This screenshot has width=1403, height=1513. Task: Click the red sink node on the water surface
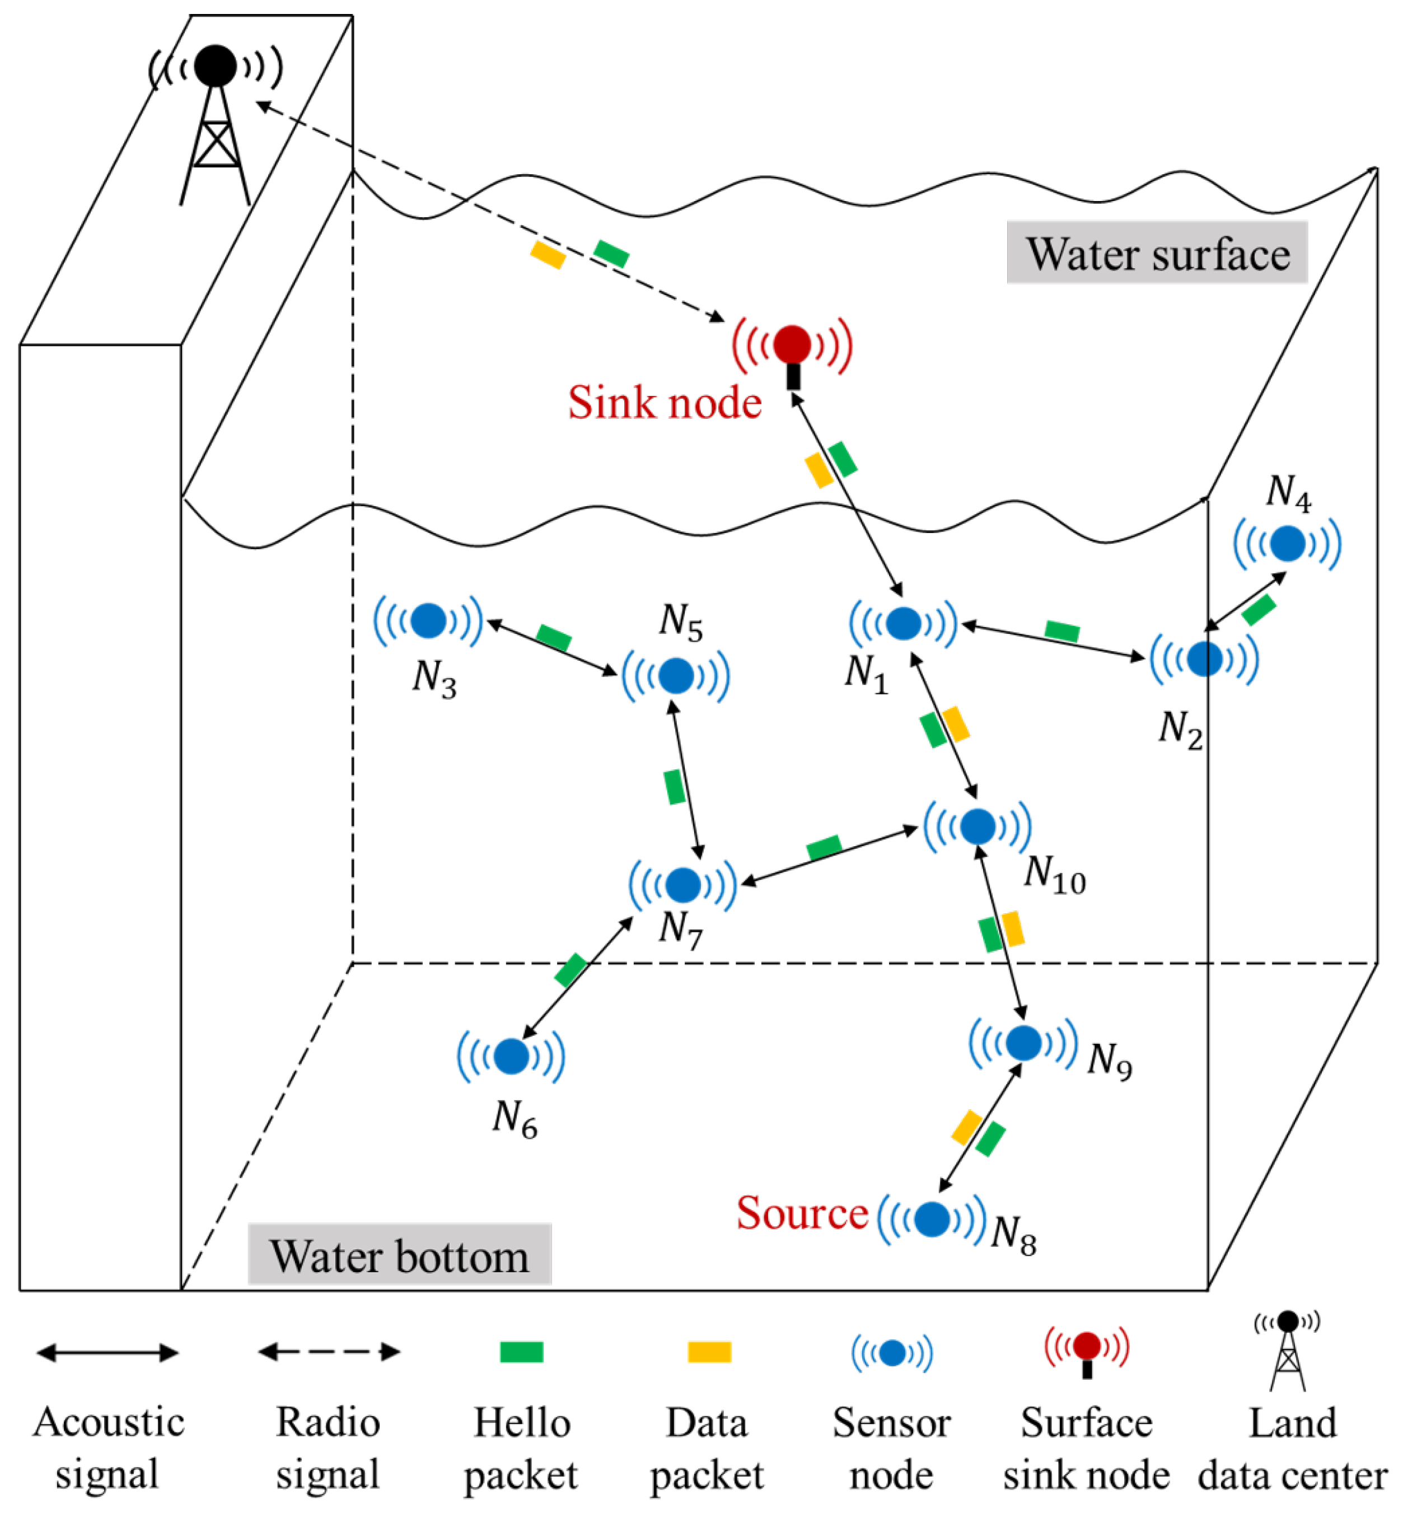click(792, 345)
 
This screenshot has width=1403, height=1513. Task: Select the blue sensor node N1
click(904, 623)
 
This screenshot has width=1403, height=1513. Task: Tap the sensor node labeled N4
click(1287, 544)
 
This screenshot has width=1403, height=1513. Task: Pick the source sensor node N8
click(932, 1218)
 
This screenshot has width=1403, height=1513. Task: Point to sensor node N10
click(977, 826)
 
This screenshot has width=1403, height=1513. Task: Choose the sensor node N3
click(428, 620)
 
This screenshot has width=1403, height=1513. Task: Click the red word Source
click(802, 1213)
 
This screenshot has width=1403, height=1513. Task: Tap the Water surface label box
click(1156, 253)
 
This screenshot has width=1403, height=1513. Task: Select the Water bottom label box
click(399, 1257)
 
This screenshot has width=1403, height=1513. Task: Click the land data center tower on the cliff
click(216, 122)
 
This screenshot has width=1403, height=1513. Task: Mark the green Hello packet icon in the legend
click(522, 1352)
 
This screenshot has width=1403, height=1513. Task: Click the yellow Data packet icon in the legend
click(709, 1352)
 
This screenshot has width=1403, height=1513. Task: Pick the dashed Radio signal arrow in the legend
click(329, 1352)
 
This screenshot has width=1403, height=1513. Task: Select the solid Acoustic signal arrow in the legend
click(108, 1353)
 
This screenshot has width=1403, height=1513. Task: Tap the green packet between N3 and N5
click(554, 638)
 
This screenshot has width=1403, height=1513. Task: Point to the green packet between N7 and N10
click(824, 847)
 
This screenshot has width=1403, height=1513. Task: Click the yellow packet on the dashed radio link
click(548, 254)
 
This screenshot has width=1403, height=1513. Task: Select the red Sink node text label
click(665, 403)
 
